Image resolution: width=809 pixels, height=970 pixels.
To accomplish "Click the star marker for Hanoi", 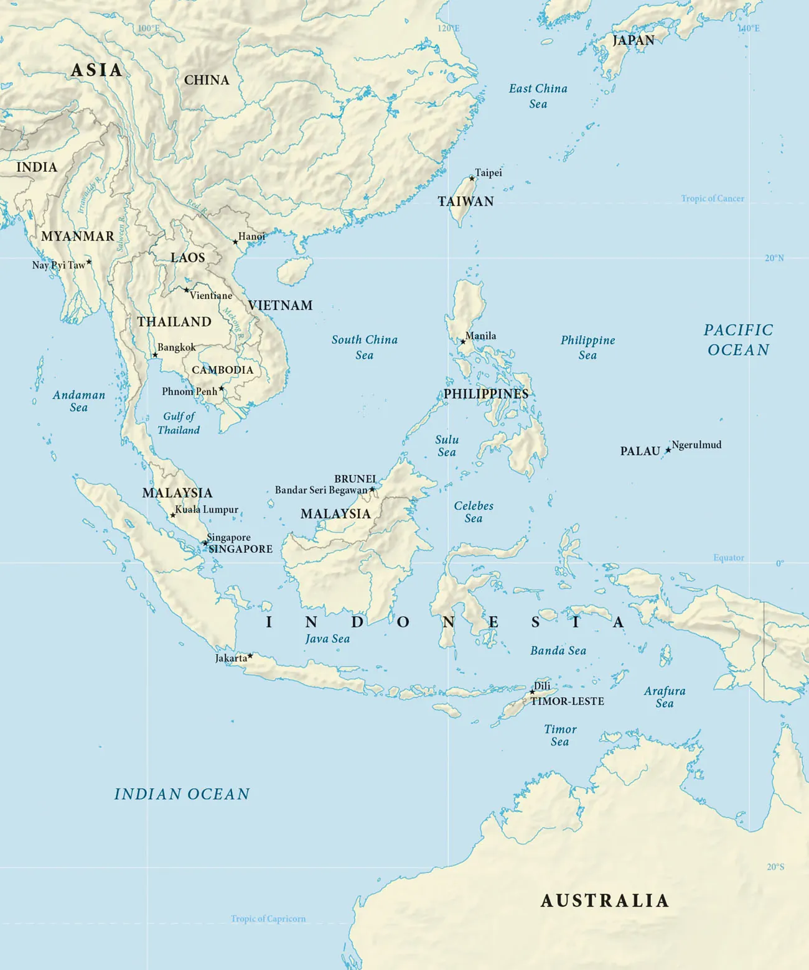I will point(235,242).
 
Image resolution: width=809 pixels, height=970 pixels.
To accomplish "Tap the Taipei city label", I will point(488,173).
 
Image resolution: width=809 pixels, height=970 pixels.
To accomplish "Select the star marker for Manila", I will point(462,341).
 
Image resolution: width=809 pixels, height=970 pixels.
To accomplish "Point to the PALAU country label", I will point(640,451).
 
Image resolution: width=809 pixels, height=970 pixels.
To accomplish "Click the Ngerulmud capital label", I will point(696,445).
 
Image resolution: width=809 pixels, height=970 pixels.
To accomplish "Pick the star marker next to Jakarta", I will point(250,656).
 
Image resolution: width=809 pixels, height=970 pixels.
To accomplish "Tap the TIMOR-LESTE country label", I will point(567,701).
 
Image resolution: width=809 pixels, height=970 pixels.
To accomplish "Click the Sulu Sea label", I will point(447,446).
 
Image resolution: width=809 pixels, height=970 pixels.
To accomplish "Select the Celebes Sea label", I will point(474,512).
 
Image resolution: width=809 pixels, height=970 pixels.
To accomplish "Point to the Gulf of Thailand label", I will point(179,423).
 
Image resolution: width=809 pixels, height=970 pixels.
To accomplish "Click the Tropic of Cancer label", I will point(712,198).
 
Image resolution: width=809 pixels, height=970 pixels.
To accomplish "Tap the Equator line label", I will point(728,558).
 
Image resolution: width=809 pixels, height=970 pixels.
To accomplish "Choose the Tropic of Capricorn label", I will point(268,918).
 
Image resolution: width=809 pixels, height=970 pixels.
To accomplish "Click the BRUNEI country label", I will point(355,479).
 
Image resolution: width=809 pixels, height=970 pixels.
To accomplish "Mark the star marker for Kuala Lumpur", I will point(172,515).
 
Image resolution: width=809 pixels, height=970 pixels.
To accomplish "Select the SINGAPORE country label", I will point(240,549).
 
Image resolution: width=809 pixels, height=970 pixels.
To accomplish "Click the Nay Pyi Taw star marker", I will point(89,262).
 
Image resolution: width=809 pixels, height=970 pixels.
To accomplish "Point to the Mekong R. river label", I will point(233,323).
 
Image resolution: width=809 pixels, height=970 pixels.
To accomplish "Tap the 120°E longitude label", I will point(448,29).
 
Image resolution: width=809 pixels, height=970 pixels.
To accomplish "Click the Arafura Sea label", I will point(665,697).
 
